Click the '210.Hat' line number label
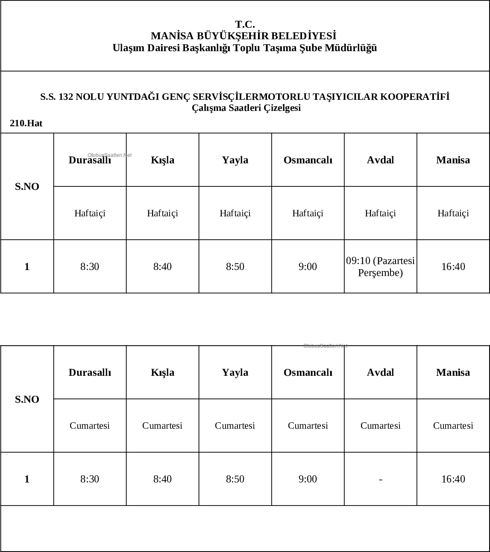(26, 123)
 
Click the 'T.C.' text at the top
(245, 24)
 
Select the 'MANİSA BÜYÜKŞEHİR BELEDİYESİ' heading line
(244, 36)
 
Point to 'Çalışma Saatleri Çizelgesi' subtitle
(246, 108)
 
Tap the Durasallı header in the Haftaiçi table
(90, 160)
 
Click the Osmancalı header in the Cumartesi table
(308, 372)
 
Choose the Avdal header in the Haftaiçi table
(380, 160)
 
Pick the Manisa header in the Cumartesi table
(453, 372)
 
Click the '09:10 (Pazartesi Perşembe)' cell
(380, 267)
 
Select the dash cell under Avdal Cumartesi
(380, 479)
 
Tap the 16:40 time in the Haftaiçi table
(453, 267)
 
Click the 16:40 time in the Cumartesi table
(453, 479)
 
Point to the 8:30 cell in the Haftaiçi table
(90, 267)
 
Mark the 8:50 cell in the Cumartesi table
(235, 479)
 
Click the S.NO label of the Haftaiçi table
(27, 186)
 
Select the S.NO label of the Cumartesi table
(27, 399)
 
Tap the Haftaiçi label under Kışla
(162, 213)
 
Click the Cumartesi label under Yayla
(235, 426)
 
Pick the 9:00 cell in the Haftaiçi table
(308, 267)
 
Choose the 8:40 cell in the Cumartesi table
(162, 479)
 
